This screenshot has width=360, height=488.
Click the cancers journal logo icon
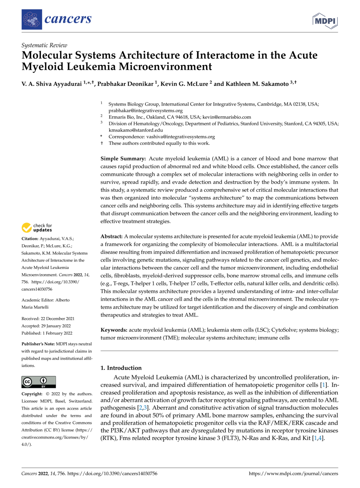[x=32, y=19]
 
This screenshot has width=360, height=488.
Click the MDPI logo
[x=325, y=21]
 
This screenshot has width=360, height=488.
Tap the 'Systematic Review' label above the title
[x=44, y=45]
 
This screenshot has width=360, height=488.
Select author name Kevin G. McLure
[x=184, y=84]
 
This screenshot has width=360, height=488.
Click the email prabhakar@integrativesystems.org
[x=145, y=111]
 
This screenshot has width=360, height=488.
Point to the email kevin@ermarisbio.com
[x=227, y=117]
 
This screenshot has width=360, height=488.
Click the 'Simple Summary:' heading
[x=123, y=159]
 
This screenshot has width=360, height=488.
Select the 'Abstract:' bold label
[x=112, y=236]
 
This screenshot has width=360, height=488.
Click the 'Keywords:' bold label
[x=114, y=330]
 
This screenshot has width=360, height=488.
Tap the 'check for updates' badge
[x=37, y=228]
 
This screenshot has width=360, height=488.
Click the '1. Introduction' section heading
[x=121, y=368]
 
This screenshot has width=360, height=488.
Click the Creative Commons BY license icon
[x=39, y=382]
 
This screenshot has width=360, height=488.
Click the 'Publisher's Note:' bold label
[x=38, y=344]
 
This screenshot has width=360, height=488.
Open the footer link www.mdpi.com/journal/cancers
[x=293, y=474]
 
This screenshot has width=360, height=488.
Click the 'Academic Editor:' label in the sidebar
[x=38, y=300]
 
